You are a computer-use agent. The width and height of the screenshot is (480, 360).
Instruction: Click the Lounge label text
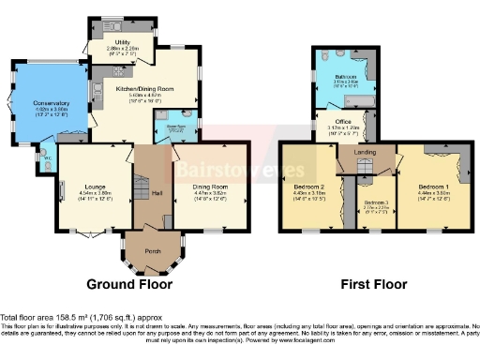(x=93, y=187)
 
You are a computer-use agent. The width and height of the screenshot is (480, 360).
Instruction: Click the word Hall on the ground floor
(x=157, y=193)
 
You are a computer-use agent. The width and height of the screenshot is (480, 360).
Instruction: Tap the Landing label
(x=366, y=152)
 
